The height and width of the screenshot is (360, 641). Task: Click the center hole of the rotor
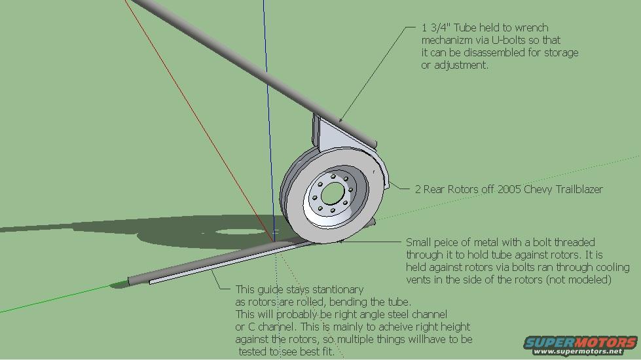point(333,194)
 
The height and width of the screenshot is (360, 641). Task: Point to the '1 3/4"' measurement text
point(436,27)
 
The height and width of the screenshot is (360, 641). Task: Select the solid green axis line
point(57,298)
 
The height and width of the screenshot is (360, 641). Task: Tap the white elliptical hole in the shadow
point(241,232)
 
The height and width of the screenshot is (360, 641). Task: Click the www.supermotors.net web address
point(578,351)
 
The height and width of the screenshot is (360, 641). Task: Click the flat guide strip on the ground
point(229,262)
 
